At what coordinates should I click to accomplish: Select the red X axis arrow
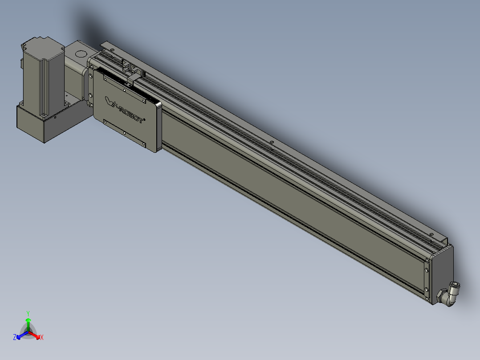point(34,335)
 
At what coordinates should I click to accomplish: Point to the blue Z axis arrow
point(22,335)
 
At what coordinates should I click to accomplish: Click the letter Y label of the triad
point(28,314)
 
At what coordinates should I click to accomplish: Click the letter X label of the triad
point(42,338)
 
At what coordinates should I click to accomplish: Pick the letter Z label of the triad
point(15,337)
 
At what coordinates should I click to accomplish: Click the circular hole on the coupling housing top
point(81,54)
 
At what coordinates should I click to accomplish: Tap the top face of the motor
point(42,45)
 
